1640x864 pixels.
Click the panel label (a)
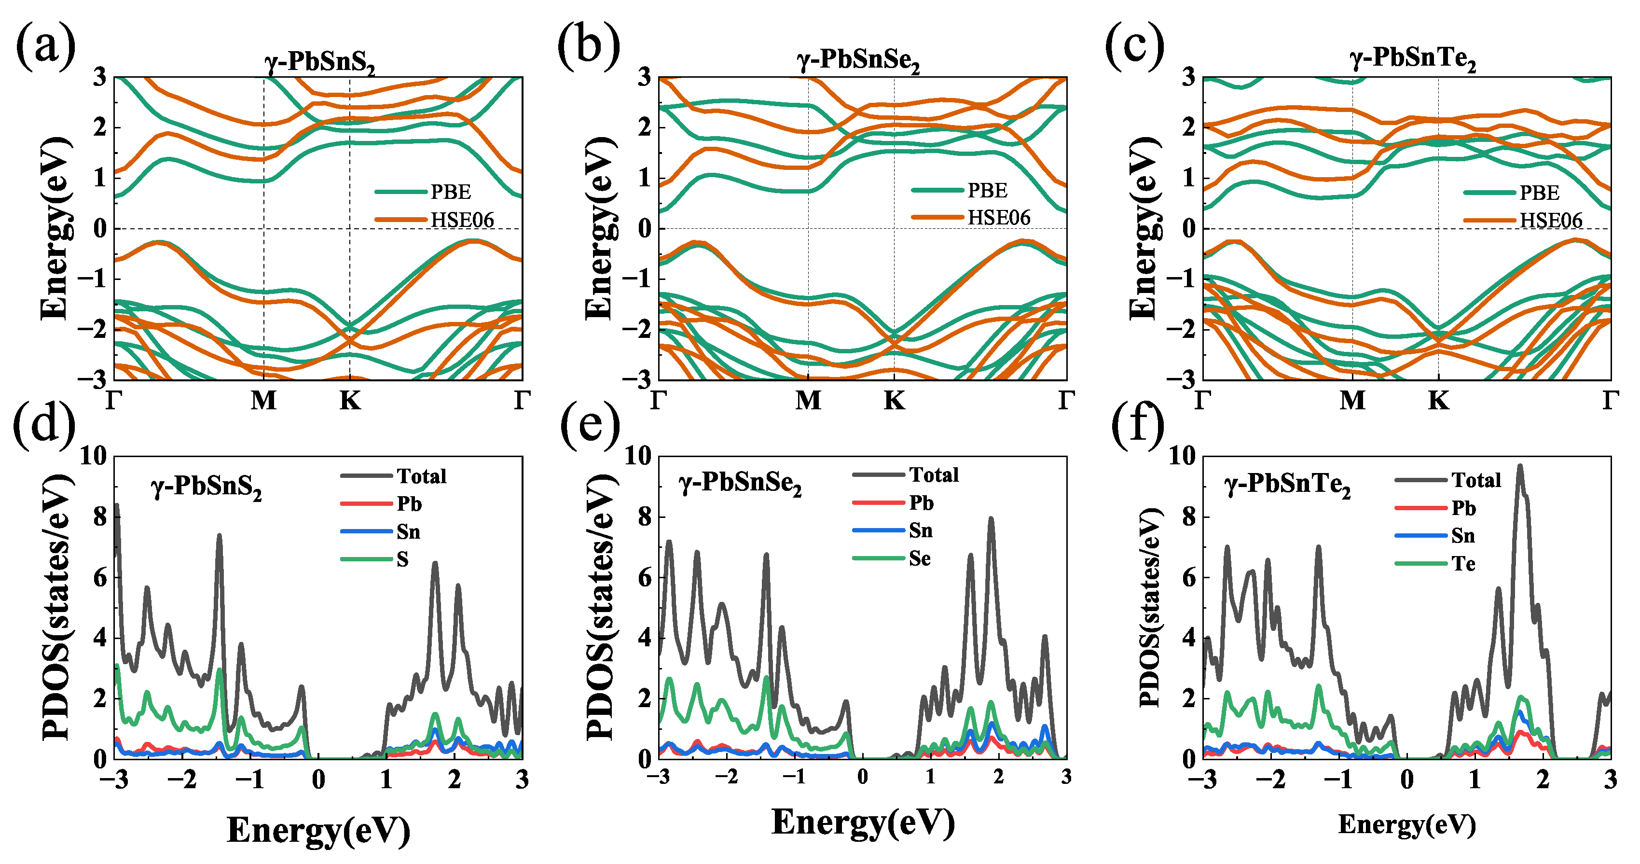45,46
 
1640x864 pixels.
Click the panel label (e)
590,425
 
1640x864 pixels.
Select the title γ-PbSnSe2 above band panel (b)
858,60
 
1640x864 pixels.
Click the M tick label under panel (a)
263,401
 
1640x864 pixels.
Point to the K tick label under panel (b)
894,401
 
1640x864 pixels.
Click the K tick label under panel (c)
1438,401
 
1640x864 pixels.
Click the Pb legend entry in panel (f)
1463,508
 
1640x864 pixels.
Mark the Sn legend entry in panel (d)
408,531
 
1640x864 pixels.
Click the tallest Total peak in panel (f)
1520,467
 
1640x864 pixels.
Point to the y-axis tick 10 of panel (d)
94,456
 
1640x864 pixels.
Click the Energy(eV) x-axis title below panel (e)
863,822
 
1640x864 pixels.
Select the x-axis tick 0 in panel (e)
862,777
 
